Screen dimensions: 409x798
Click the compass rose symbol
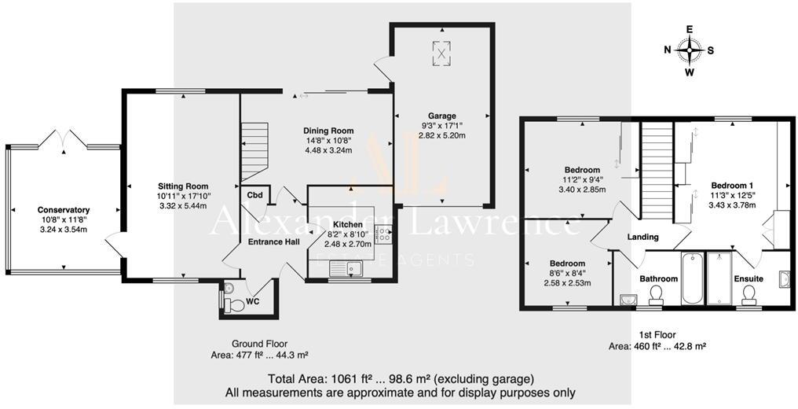pos(690,51)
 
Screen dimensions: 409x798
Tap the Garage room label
pos(443,116)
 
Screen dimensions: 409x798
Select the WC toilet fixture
pos(229,302)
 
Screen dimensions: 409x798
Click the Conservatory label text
pos(64,210)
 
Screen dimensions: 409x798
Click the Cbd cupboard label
pos(254,195)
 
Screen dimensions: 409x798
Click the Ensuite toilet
pos(749,294)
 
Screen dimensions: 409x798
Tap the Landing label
pos(642,237)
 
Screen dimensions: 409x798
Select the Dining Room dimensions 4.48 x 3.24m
pos(328,150)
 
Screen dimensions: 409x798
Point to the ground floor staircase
pos(253,149)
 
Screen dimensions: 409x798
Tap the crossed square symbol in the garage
pos(443,53)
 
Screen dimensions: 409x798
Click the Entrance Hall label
pos(273,241)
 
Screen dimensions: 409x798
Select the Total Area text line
pos(401,378)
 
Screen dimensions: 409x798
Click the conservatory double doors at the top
pos(63,138)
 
